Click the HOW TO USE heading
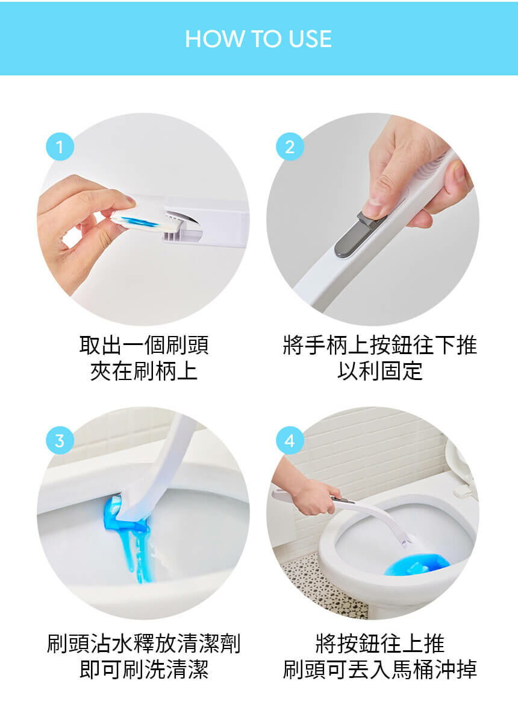click(258, 39)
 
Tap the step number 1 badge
click(60, 147)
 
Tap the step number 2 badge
click(290, 147)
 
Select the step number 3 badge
click(60, 441)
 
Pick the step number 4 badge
click(290, 441)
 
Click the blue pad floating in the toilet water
click(416, 564)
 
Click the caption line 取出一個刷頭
click(144, 346)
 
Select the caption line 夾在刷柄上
click(144, 371)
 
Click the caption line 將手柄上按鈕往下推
click(379, 346)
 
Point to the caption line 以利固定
click(379, 371)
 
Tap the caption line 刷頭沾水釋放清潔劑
click(144, 644)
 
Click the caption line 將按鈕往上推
click(379, 644)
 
